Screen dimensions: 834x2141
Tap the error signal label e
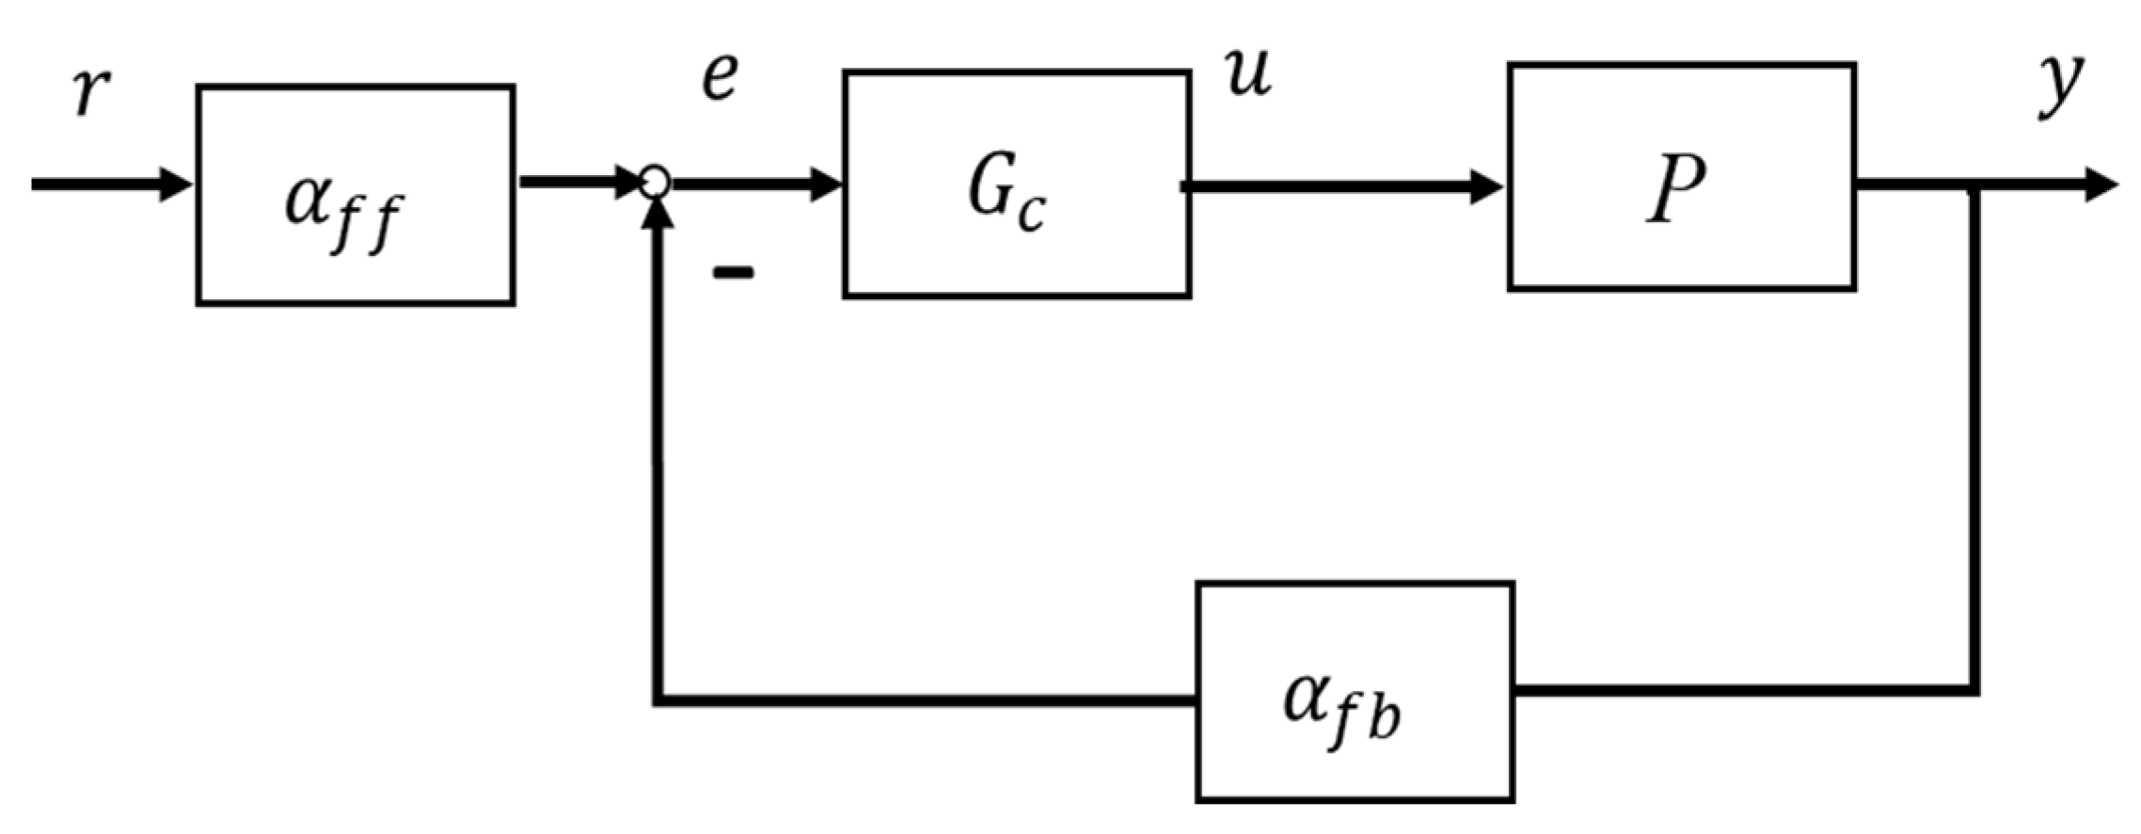[720, 78]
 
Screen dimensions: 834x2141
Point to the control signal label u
[1249, 74]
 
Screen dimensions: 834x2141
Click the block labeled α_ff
[355, 196]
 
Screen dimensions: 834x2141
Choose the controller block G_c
[1017, 184]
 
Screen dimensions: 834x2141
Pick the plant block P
[1681, 177]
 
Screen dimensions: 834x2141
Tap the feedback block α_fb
[1354, 692]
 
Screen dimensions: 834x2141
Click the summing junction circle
[655, 182]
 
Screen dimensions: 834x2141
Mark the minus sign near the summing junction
[733, 273]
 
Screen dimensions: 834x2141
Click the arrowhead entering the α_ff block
[175, 184]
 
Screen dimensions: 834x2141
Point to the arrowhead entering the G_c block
[826, 184]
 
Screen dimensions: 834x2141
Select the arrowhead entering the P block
[1486, 186]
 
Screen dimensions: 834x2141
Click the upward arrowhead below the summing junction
[659, 216]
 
